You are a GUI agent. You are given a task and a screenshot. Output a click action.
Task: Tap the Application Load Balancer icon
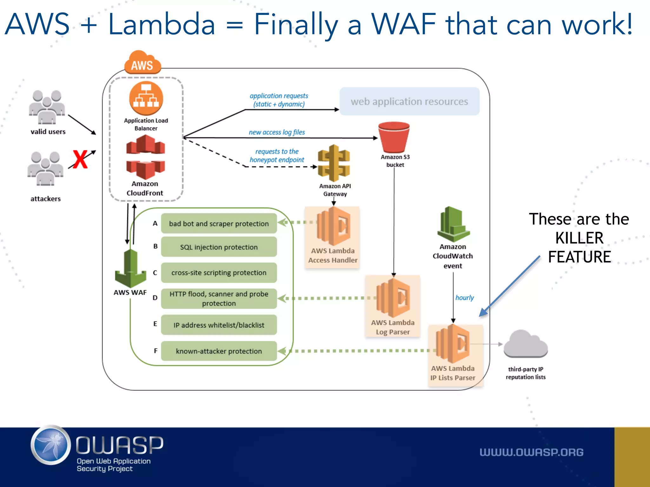point(146,98)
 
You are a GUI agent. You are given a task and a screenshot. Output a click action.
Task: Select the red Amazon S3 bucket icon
point(394,137)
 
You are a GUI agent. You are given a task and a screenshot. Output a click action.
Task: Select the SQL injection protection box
point(219,247)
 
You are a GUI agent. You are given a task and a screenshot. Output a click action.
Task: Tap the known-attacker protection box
point(219,351)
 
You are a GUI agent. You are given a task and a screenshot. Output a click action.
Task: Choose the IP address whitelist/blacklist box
point(219,325)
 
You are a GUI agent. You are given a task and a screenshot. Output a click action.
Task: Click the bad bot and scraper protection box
point(219,224)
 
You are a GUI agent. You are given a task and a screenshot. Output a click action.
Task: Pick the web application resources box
point(409,101)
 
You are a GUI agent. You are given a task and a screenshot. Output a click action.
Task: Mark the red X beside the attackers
point(80,159)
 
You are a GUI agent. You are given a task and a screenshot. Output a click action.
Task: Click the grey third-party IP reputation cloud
point(526,344)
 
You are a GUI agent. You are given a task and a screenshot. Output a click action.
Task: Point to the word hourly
point(464,297)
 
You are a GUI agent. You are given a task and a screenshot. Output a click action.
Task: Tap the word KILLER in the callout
point(579,238)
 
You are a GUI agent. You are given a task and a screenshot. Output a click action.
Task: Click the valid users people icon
point(47,107)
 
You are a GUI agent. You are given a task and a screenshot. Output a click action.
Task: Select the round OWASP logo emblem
point(51,445)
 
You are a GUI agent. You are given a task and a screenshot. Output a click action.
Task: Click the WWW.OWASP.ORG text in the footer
point(531,452)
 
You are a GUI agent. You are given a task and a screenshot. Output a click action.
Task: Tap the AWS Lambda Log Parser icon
point(393,298)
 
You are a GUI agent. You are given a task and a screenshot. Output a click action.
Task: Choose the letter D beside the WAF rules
point(155,298)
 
